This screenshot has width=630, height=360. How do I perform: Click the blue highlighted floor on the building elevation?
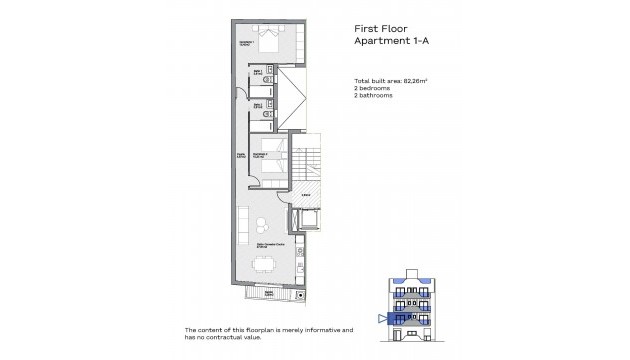(x=411, y=318)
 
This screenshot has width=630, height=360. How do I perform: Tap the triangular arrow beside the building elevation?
(x=382, y=319)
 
